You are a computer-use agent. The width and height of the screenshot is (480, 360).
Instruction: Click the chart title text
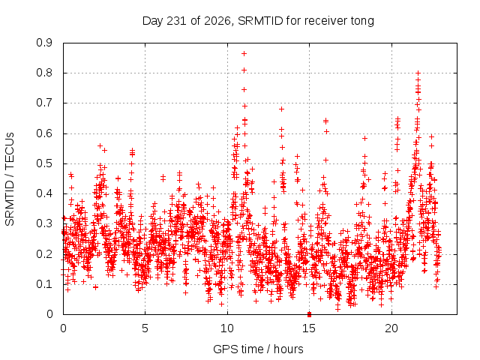258,21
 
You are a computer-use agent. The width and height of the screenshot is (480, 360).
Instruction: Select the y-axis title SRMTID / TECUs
10,179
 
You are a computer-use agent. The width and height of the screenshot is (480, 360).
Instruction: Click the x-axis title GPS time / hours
258,349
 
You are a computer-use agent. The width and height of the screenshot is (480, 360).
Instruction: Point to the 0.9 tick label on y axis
44,43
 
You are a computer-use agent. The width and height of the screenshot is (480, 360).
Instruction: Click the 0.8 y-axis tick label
44,73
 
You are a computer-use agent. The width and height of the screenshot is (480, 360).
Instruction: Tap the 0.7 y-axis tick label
44,103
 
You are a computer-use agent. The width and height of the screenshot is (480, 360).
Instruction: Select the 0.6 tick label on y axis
44,133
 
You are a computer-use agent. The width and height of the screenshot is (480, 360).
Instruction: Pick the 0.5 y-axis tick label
44,163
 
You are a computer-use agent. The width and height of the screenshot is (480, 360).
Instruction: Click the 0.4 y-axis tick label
44,193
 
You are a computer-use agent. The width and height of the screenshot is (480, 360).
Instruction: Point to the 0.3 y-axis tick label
44,223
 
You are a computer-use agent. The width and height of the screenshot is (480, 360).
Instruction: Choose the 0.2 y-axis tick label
44,254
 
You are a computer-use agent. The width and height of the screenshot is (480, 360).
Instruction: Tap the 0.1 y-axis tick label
44,284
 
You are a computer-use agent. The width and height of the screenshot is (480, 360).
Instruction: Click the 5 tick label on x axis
145,328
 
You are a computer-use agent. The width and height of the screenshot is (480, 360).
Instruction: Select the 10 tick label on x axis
227,328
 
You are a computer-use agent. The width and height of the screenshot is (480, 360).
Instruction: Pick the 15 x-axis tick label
309,328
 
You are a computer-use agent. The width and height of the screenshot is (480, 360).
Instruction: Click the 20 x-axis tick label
391,328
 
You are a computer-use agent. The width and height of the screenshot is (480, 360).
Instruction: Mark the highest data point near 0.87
244,54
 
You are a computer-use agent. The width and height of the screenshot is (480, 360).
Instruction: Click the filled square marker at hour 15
309,314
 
